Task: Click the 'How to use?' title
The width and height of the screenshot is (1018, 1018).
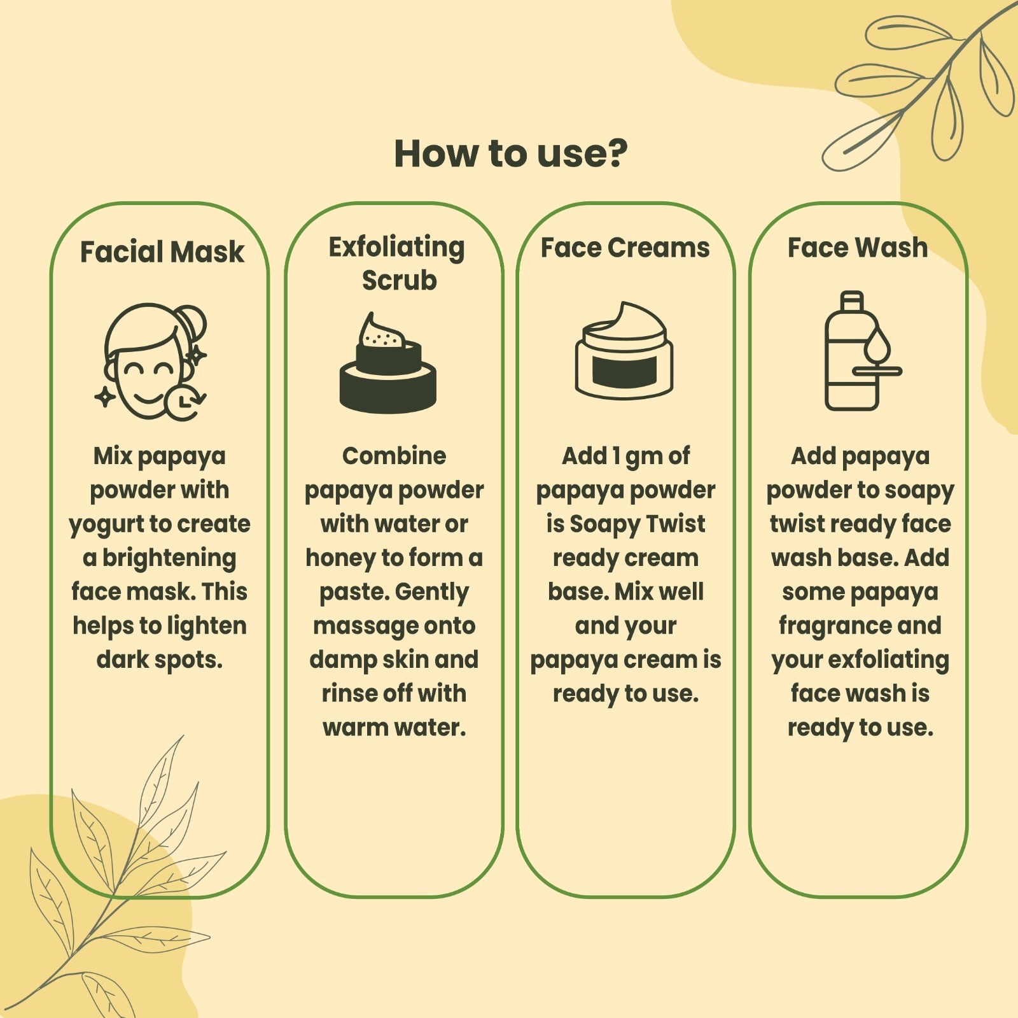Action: pyautogui.click(x=510, y=153)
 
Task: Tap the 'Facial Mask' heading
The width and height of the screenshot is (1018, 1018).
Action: pyautogui.click(x=162, y=252)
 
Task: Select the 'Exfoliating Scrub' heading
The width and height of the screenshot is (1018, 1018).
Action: pyautogui.click(x=397, y=264)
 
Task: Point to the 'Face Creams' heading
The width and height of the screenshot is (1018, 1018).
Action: pyautogui.click(x=625, y=248)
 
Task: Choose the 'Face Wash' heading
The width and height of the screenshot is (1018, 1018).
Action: pyautogui.click(x=858, y=248)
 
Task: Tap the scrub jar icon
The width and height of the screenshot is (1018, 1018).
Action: pyautogui.click(x=387, y=362)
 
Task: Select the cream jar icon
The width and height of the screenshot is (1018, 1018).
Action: pyautogui.click(x=624, y=350)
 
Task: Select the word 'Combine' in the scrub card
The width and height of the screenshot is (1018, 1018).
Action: pyautogui.click(x=394, y=456)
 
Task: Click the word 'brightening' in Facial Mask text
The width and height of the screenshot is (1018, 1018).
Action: pyautogui.click(x=169, y=558)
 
